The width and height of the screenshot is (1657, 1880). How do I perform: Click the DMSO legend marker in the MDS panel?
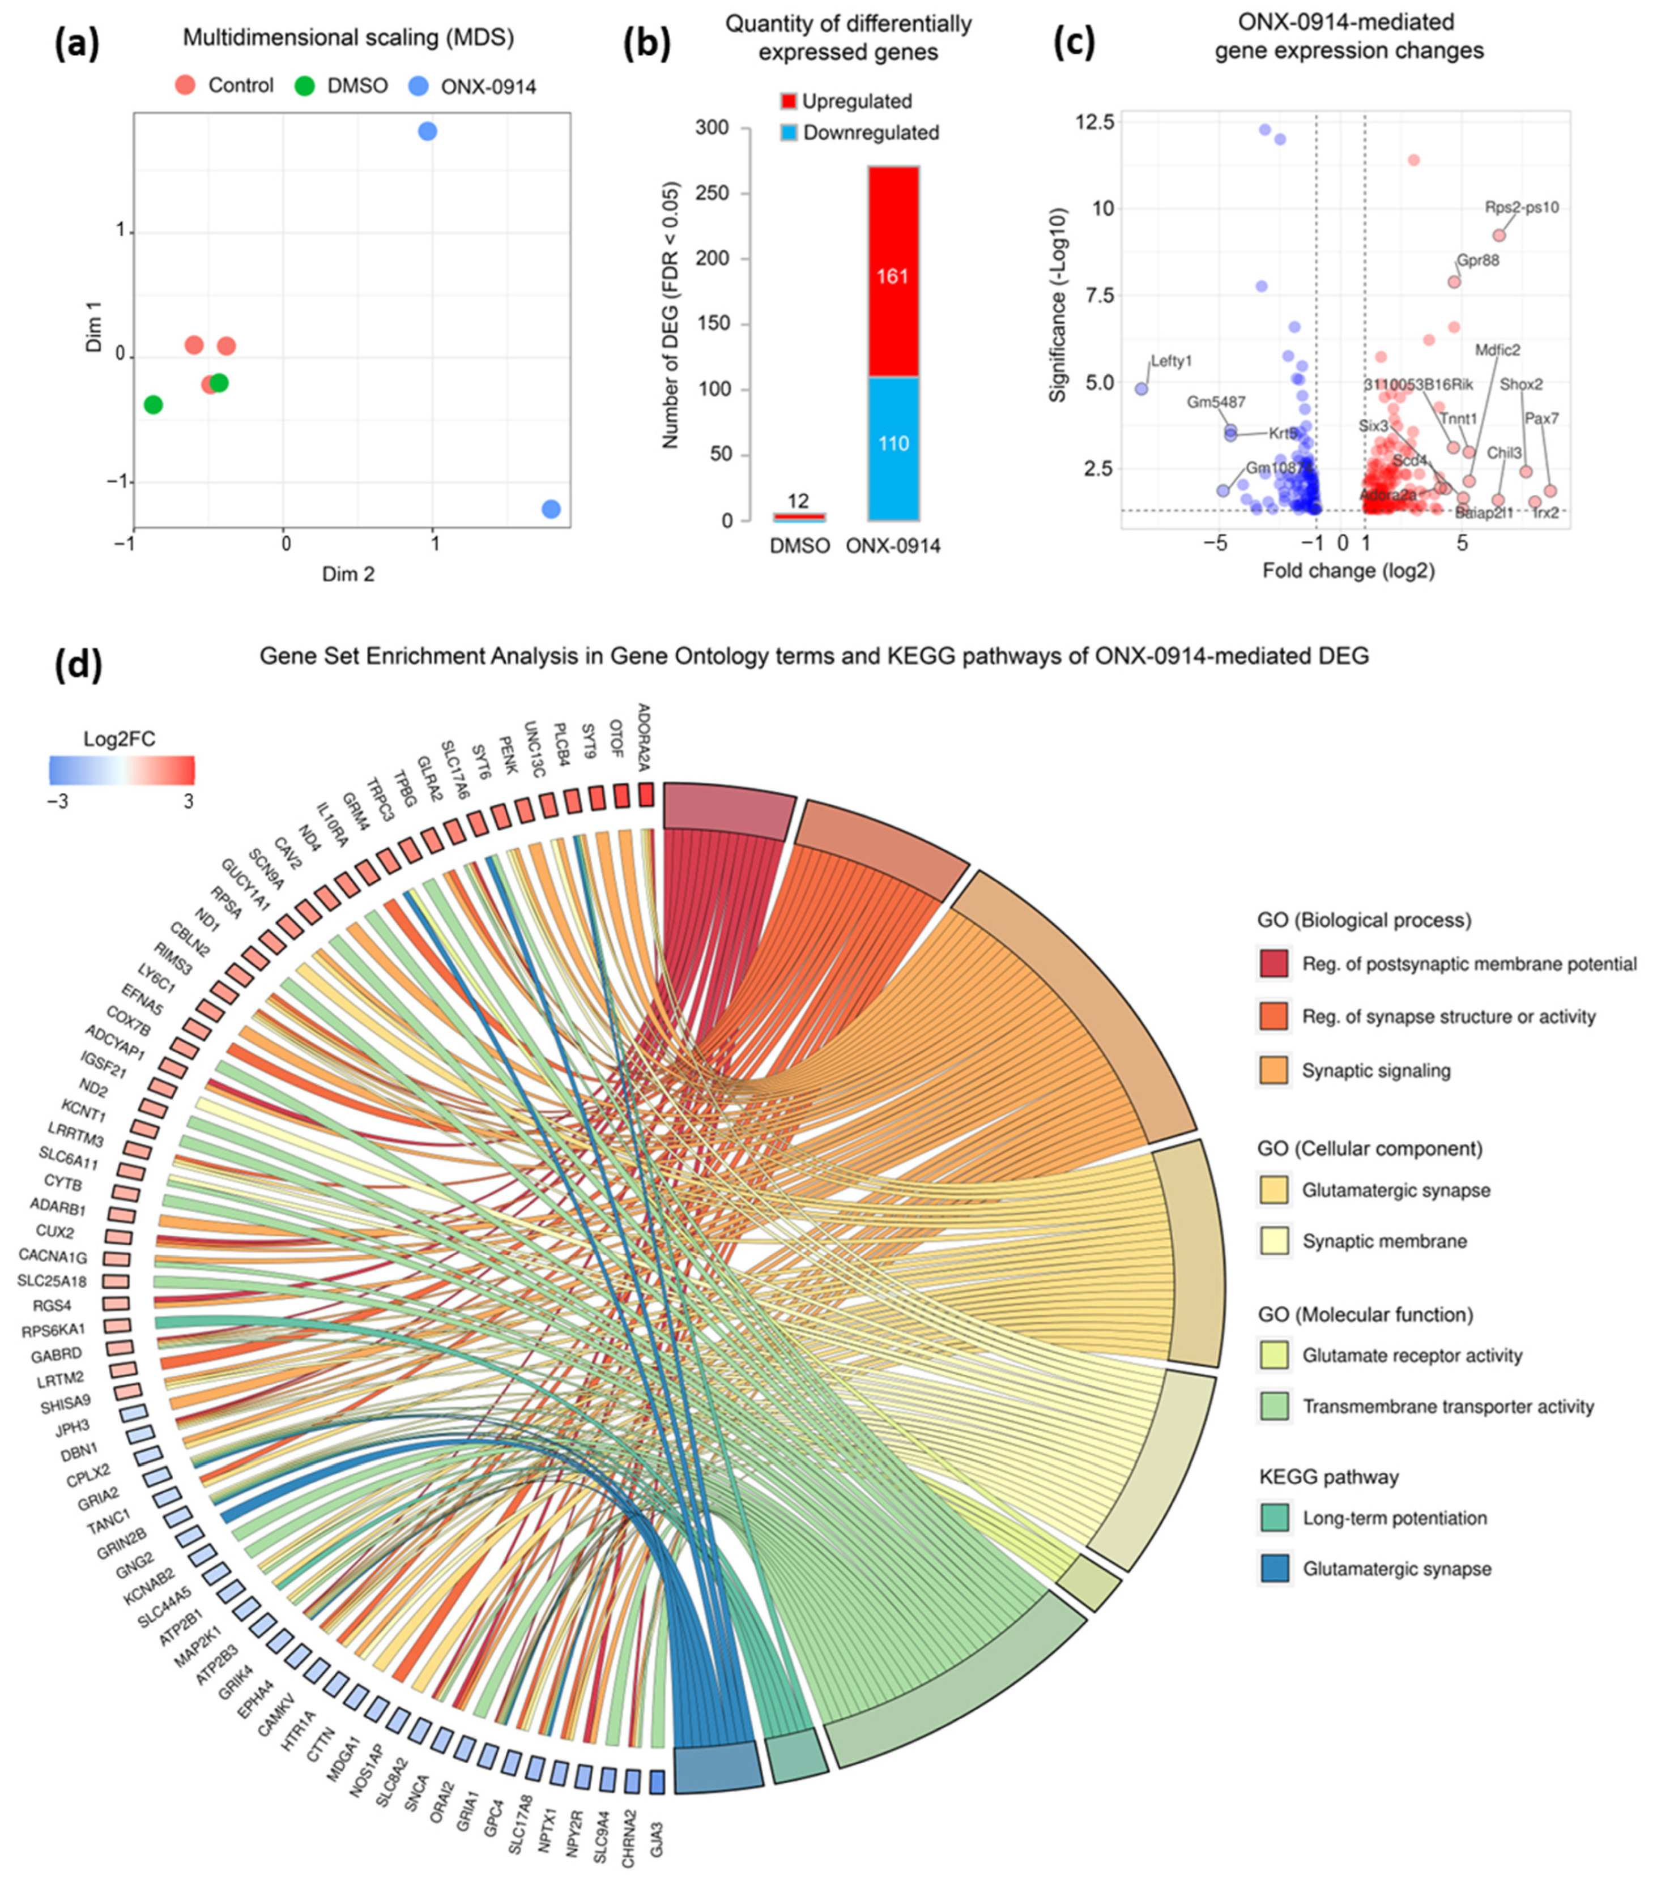[x=305, y=87]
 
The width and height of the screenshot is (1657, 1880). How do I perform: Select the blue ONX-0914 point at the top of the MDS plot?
[x=427, y=131]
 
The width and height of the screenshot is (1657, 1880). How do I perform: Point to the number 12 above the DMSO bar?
[x=798, y=501]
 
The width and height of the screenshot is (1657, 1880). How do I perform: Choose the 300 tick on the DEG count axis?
[x=711, y=128]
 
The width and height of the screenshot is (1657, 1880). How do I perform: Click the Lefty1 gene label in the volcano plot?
[x=1171, y=361]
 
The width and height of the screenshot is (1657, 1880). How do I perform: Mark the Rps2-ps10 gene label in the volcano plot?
[x=1522, y=208]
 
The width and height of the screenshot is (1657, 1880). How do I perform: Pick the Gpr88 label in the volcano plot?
[x=1477, y=260]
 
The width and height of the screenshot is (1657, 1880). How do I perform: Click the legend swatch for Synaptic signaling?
[x=1273, y=1070]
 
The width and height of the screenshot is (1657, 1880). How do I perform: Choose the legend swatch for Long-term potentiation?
[x=1273, y=1518]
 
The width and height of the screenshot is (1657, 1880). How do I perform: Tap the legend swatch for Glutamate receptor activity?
[x=1273, y=1355]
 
